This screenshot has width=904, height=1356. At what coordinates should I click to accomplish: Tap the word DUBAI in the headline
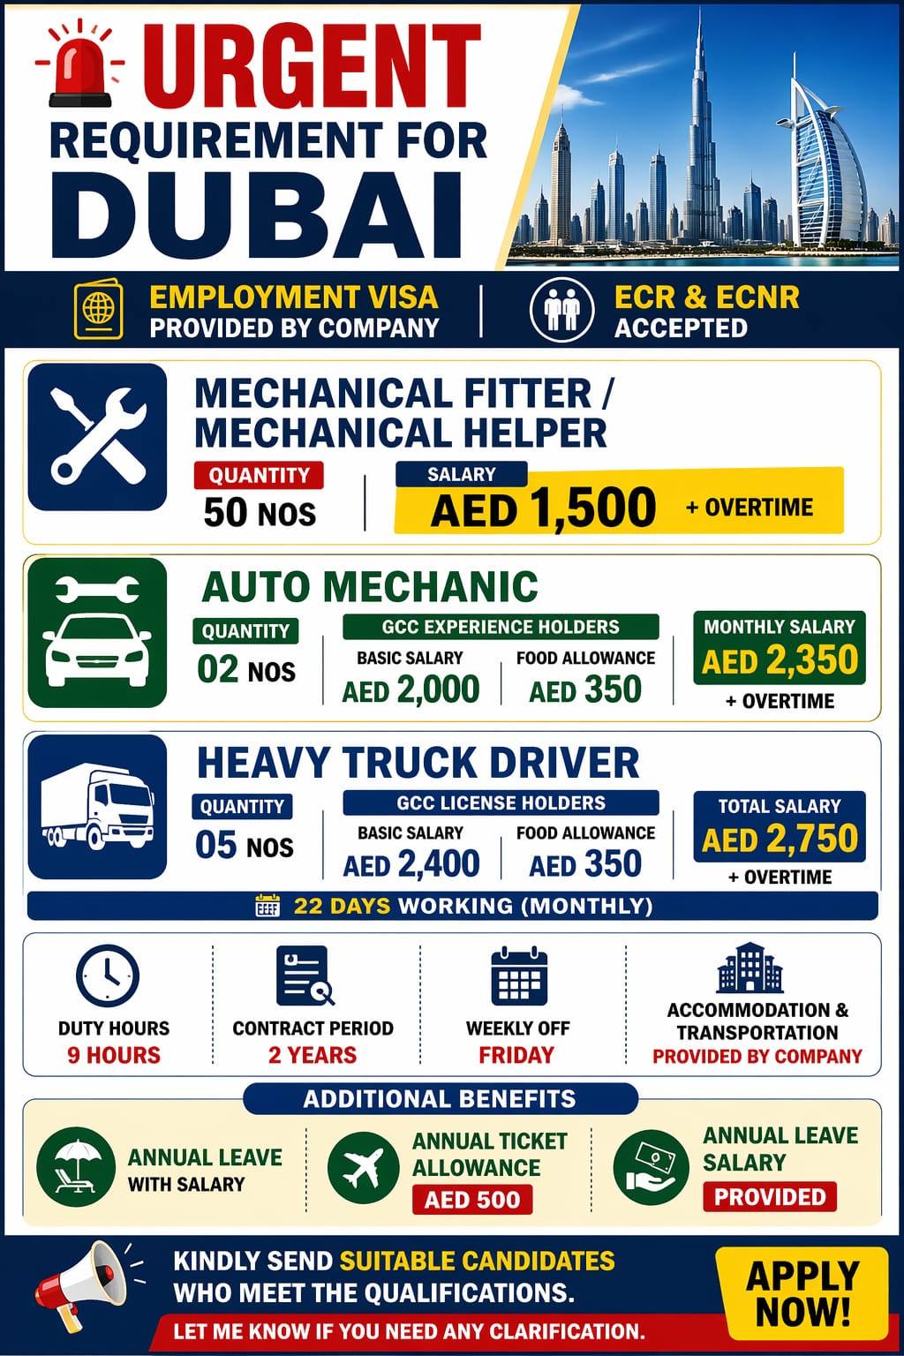[x=256, y=215]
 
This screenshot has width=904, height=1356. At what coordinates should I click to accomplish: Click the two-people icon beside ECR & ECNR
[x=561, y=310]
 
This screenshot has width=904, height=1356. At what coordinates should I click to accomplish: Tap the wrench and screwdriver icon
[x=97, y=437]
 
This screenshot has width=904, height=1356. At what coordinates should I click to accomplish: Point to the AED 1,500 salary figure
[x=543, y=509]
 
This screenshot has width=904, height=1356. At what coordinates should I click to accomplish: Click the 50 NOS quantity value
[x=260, y=512]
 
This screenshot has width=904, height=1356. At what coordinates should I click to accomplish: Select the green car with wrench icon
[x=97, y=632]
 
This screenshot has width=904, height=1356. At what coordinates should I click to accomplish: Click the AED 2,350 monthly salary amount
[x=780, y=660]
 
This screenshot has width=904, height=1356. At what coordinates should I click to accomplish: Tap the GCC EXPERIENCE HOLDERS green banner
[x=501, y=627]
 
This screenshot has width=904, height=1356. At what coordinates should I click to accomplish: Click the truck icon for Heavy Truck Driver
[x=97, y=807]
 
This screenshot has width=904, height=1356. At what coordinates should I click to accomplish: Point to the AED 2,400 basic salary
[x=411, y=863]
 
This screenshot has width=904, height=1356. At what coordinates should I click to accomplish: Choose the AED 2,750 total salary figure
[x=780, y=838]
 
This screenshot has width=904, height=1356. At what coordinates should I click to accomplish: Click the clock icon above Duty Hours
[x=107, y=976]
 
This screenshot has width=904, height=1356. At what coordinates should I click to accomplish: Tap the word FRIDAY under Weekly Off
[x=516, y=1055]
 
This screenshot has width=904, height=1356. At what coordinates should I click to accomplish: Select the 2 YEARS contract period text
[x=313, y=1055]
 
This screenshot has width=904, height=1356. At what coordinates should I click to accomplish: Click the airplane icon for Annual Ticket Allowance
[x=361, y=1169]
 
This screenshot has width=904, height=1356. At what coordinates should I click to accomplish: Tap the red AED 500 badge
[x=472, y=1200]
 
